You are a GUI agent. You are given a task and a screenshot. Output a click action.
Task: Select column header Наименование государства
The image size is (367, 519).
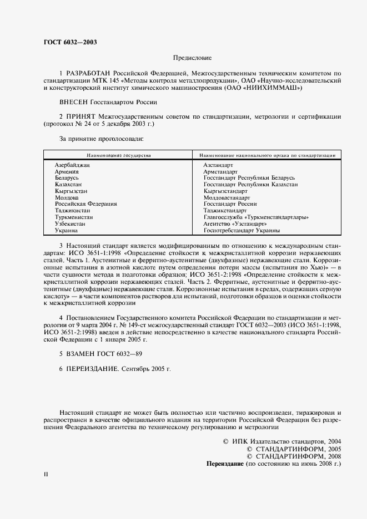[118, 156]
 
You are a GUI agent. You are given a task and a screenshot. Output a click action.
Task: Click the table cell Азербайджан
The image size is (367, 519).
[72, 166]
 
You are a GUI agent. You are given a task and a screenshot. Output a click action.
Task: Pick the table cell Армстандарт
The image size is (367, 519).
[220, 172]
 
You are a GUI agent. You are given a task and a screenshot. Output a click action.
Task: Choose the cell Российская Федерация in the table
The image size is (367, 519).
[86, 204]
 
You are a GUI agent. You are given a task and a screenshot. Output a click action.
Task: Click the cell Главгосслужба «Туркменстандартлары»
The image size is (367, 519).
[256, 217]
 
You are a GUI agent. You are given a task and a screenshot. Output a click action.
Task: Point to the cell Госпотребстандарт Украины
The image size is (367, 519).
[242, 230]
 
